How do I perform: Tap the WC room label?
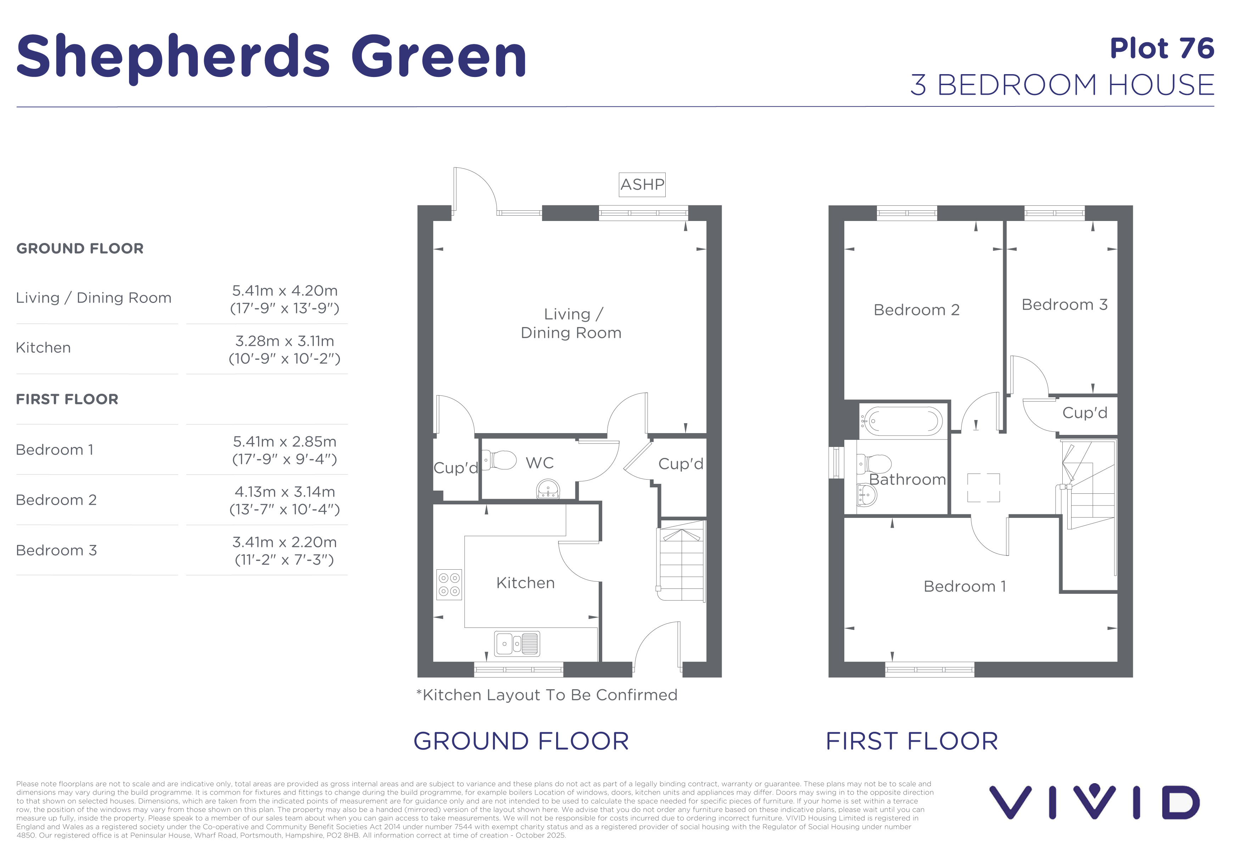click(x=540, y=463)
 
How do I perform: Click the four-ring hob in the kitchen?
click(x=449, y=584)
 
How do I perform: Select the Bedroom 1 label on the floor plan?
click(x=965, y=586)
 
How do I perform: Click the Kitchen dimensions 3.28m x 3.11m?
click(x=285, y=350)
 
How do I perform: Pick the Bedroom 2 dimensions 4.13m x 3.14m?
click(x=285, y=500)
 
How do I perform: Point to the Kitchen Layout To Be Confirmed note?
click(x=547, y=695)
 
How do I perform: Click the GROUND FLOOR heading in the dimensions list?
click(x=80, y=248)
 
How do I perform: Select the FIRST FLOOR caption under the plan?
click(x=912, y=741)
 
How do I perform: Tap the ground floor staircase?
click(x=681, y=561)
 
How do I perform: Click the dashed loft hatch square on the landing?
click(x=983, y=487)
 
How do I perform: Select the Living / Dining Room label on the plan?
click(x=571, y=324)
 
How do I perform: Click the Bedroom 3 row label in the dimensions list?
click(x=56, y=550)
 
